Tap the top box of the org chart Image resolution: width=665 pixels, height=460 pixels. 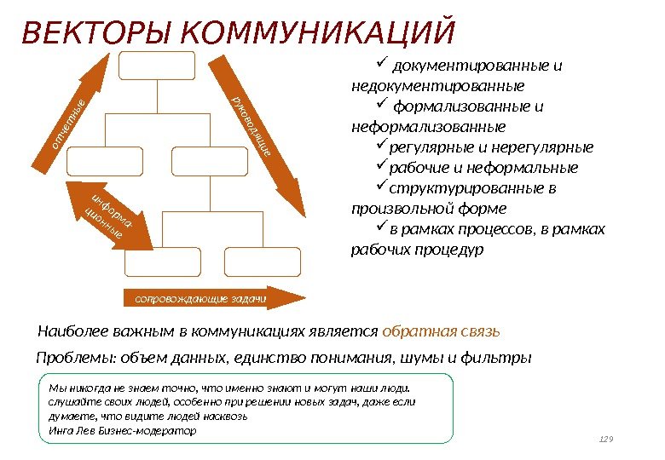(157, 66)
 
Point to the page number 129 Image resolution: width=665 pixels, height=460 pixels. (607, 440)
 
